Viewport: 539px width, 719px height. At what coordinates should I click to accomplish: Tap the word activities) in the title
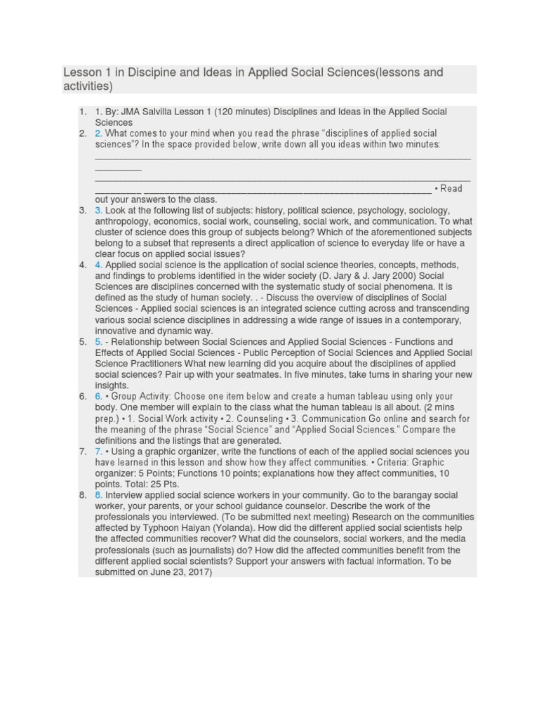tap(87, 86)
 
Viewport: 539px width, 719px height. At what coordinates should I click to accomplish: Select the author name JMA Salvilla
tap(147, 112)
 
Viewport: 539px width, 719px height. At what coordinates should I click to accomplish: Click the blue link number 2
tap(98, 133)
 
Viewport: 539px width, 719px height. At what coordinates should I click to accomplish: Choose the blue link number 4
tap(98, 265)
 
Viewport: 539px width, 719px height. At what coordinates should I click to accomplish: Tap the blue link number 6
tap(98, 397)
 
